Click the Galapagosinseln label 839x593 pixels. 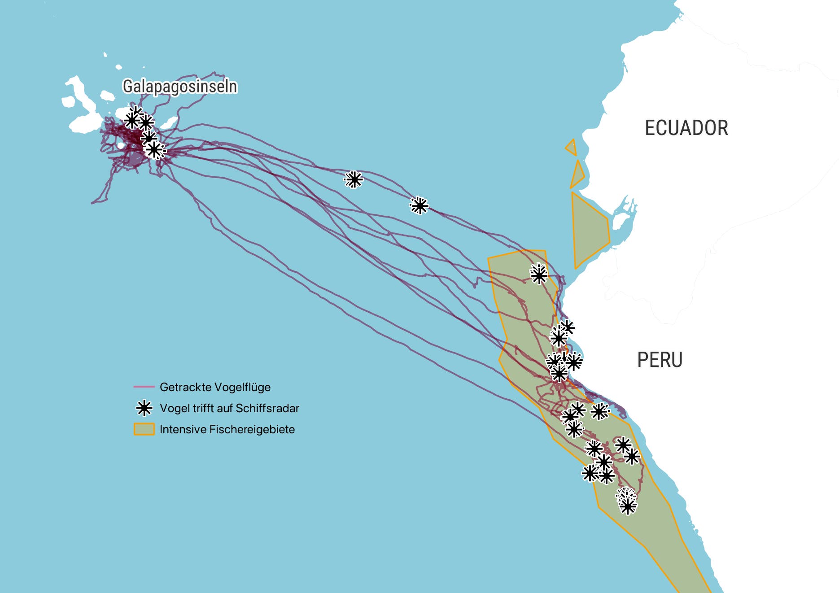pyautogui.click(x=179, y=87)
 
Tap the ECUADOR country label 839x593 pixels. pyautogui.click(x=686, y=128)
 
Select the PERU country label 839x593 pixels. pyautogui.click(x=660, y=360)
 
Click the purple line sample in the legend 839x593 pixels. pyautogui.click(x=144, y=387)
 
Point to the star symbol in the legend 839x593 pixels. pyautogui.click(x=144, y=408)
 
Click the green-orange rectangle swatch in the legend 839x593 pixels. pyautogui.click(x=144, y=429)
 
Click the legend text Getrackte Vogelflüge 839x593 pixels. pyautogui.click(x=215, y=387)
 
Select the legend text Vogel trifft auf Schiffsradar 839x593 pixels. pyautogui.click(x=229, y=408)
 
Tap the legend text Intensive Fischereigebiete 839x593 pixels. pyautogui.click(x=227, y=429)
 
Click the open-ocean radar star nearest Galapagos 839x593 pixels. pyautogui.click(x=354, y=180)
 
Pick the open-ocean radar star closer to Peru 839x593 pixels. pyautogui.click(x=419, y=206)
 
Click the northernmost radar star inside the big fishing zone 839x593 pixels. pyautogui.click(x=539, y=275)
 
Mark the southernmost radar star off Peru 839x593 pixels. pyautogui.click(x=628, y=506)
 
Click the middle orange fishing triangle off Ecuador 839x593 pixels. pyautogui.click(x=577, y=176)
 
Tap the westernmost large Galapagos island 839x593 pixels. pyautogui.click(x=81, y=103)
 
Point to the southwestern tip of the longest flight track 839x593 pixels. pyautogui.click(x=92, y=203)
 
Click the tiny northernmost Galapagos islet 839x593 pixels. pyautogui.click(x=105, y=55)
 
